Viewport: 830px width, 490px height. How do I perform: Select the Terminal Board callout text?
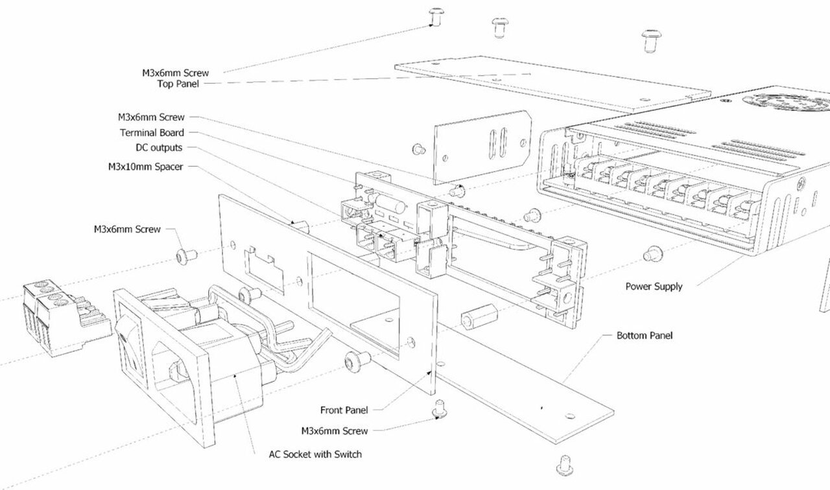(152, 132)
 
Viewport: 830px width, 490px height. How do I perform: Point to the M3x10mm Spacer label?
(145, 167)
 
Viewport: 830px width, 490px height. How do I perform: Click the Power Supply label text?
(654, 286)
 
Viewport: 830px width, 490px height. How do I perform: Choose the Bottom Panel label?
(645, 336)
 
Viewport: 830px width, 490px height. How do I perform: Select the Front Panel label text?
(344, 410)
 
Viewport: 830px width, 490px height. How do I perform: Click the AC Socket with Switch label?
(315, 454)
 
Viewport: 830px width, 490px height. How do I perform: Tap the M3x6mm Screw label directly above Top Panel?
(175, 73)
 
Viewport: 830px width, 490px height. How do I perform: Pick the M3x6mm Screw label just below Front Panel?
(335, 430)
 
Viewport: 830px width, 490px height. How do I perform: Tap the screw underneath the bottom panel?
(564, 463)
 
